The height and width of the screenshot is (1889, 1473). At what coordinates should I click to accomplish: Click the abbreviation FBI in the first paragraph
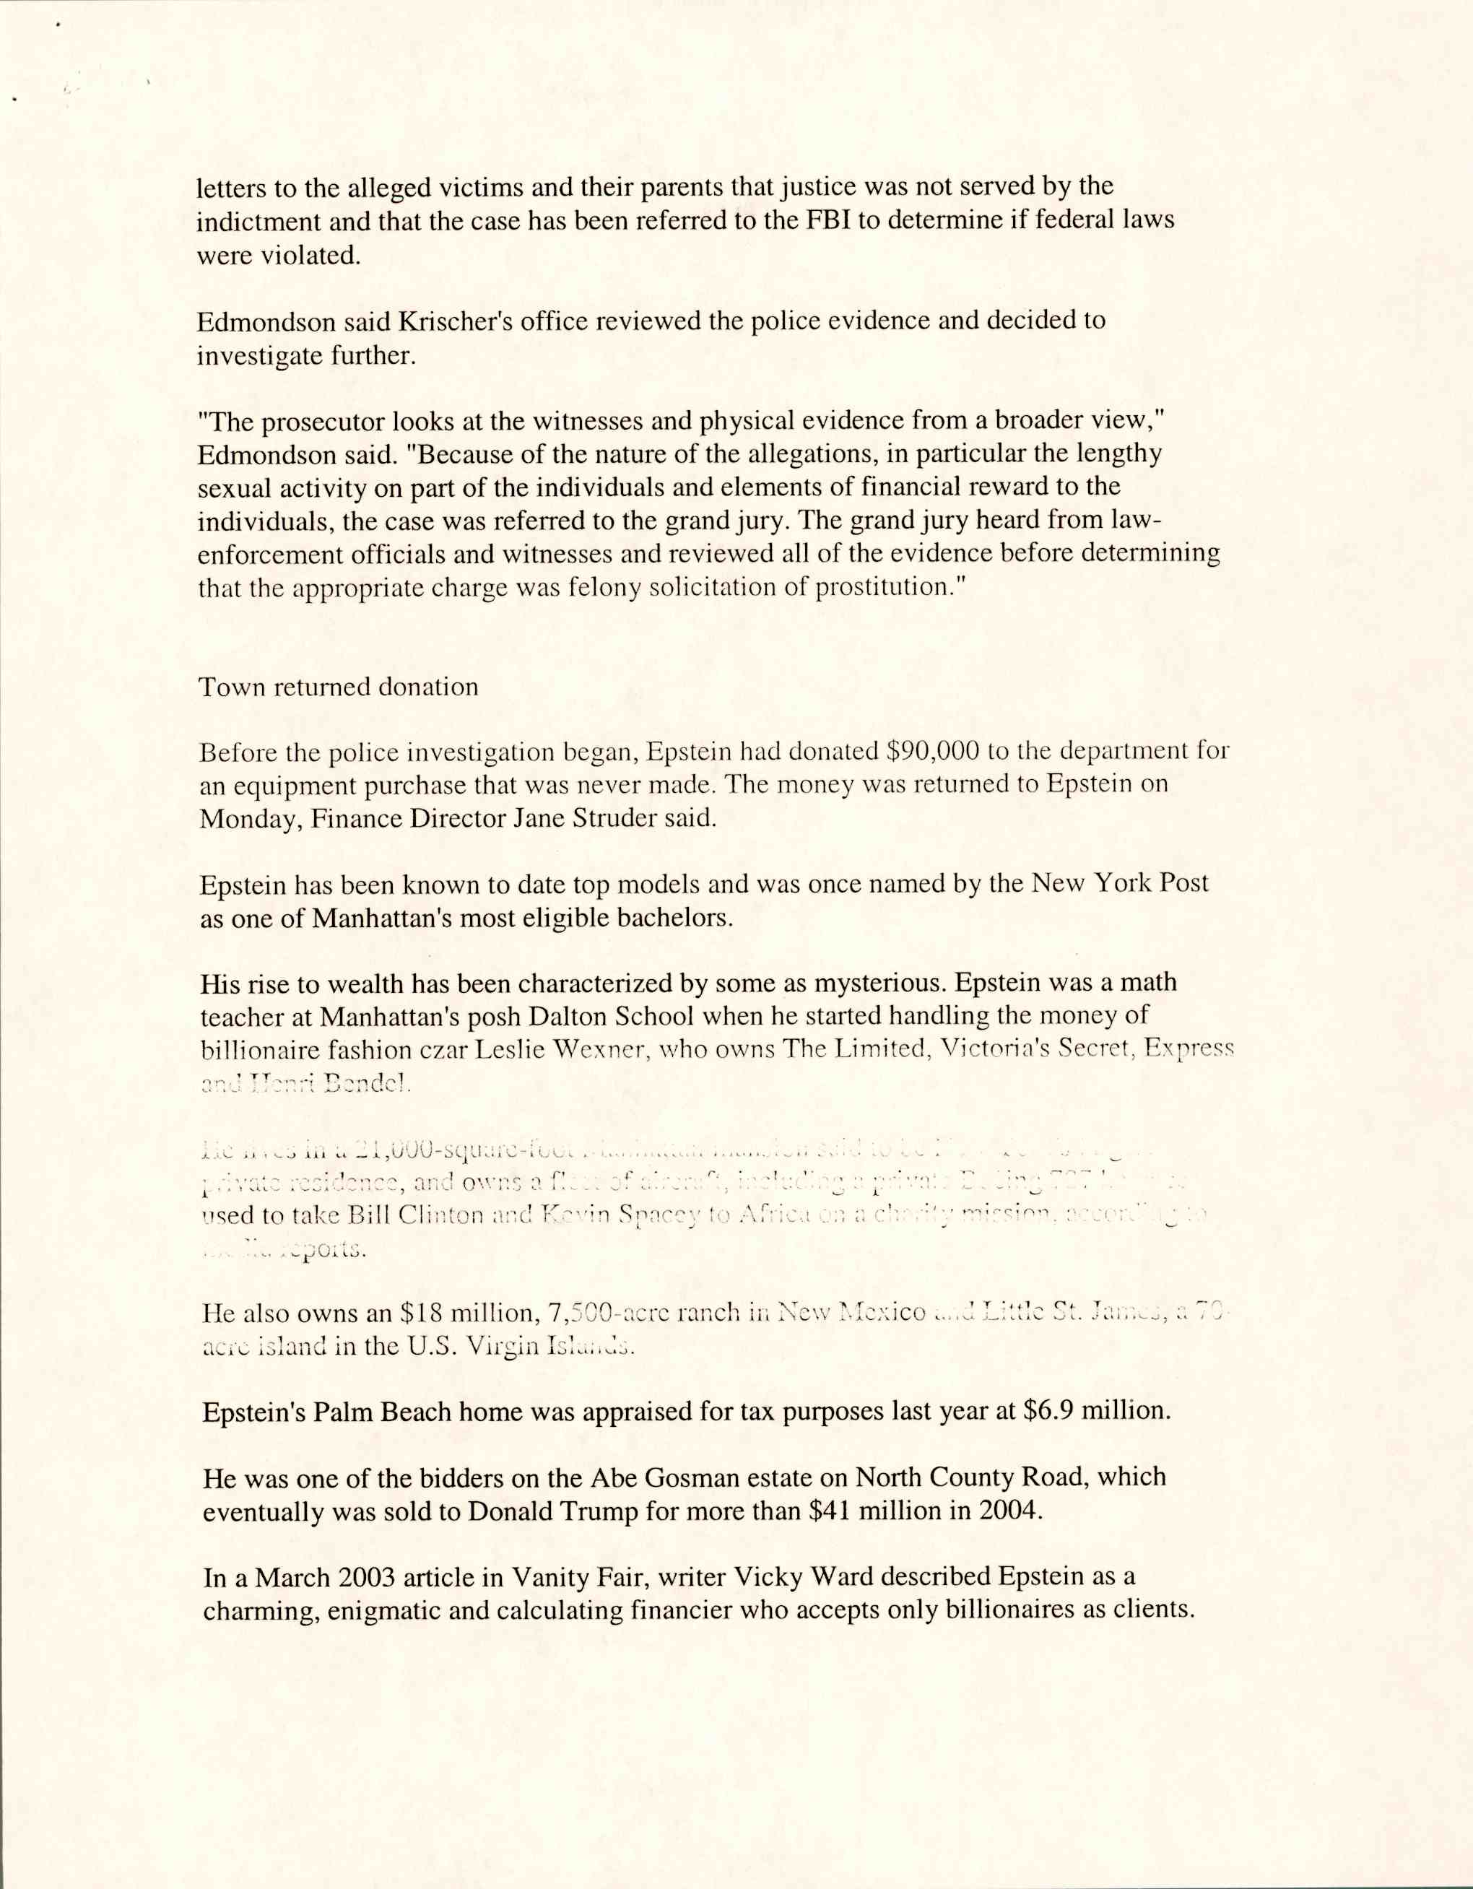click(825, 220)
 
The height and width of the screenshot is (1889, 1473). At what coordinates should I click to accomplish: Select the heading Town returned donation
click(338, 687)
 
